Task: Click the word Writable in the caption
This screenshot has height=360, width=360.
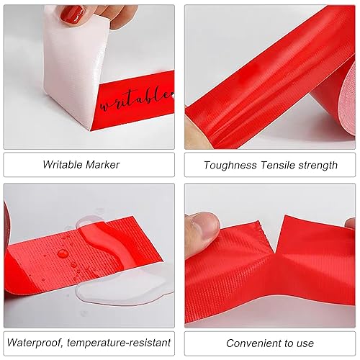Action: coord(63,165)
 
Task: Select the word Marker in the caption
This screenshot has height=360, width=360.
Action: coord(102,165)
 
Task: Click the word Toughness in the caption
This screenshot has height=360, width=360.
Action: coord(230,166)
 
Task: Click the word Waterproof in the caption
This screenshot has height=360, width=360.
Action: coord(35,343)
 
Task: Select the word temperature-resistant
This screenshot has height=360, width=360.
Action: coord(119,343)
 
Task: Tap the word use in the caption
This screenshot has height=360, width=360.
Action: coord(305,343)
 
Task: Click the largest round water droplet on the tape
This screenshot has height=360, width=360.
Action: coord(63,253)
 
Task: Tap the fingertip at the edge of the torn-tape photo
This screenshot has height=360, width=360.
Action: coord(351,224)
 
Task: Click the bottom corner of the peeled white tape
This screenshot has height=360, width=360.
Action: coord(91,130)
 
